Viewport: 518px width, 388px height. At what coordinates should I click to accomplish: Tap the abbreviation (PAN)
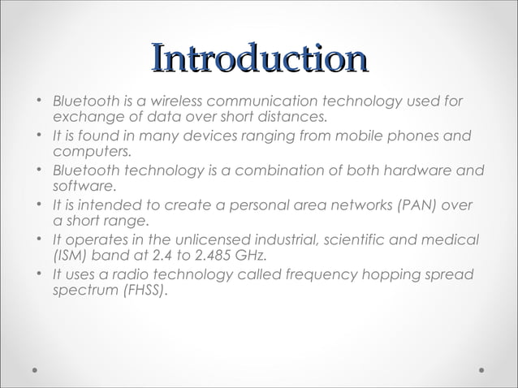pos(413,205)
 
